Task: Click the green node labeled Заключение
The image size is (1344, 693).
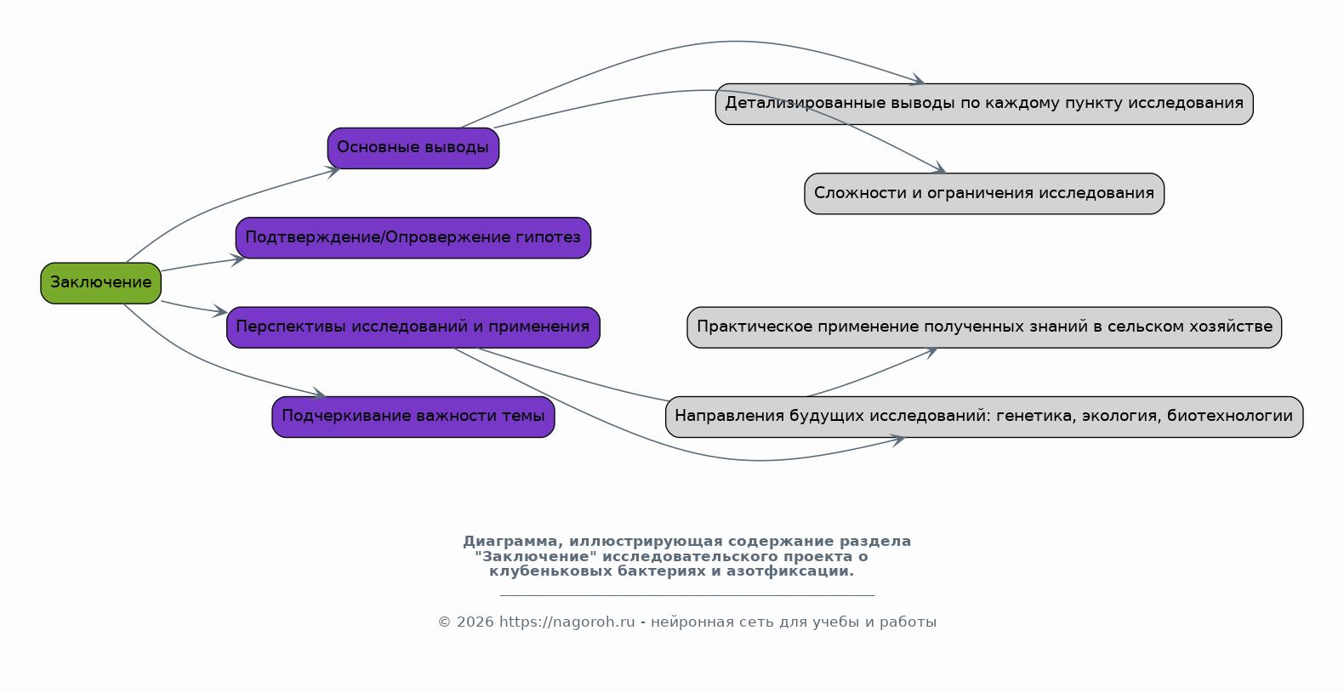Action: (x=100, y=282)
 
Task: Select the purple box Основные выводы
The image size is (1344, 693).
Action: (x=413, y=148)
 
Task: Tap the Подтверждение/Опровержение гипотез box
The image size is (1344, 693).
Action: (x=413, y=237)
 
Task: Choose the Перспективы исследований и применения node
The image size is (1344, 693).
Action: (x=413, y=327)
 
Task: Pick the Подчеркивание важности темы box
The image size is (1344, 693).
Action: (x=413, y=417)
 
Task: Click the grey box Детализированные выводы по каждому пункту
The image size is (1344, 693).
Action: (x=984, y=104)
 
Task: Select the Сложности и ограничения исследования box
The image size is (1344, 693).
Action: (x=984, y=193)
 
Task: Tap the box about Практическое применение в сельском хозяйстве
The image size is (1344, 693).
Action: (x=984, y=327)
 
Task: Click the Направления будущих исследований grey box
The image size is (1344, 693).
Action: (x=984, y=417)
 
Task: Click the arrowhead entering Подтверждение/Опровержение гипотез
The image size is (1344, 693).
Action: (x=237, y=259)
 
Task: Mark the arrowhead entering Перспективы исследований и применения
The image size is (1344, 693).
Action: (x=219, y=311)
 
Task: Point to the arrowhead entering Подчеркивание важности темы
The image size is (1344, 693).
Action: (x=319, y=394)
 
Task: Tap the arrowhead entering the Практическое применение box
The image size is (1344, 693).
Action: (x=931, y=352)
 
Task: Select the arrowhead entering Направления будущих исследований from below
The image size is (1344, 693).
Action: (x=898, y=440)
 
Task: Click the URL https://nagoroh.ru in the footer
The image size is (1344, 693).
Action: (x=567, y=622)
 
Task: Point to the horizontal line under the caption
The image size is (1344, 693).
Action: (x=687, y=595)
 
